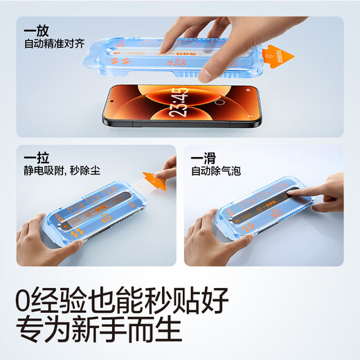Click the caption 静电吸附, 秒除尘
(x=62, y=170)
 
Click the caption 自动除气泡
(x=215, y=170)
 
